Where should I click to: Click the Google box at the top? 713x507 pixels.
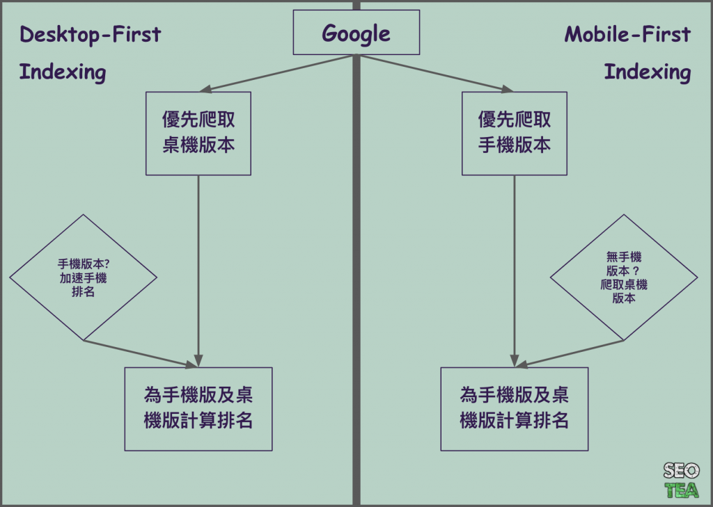[356, 33]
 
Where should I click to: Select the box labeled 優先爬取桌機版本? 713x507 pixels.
[198, 133]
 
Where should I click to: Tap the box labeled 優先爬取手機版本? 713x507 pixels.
[515, 133]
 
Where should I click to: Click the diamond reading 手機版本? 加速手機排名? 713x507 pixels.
[84, 277]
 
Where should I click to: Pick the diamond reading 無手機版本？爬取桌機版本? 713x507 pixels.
[624, 277]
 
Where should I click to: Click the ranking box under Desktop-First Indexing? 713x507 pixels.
[198, 409]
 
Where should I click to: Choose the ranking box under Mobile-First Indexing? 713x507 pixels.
[515, 409]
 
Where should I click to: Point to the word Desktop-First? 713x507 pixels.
[90, 35]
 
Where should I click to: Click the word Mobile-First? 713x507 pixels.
[627, 35]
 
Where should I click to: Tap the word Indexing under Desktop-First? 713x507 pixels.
[63, 72]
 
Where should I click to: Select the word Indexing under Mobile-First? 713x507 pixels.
[647, 72]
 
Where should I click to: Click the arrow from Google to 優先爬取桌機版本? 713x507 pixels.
[279, 73]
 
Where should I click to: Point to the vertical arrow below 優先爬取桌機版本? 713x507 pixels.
[199, 271]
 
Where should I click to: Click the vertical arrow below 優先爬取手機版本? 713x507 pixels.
[515, 271]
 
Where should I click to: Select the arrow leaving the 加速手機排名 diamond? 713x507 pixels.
[139, 353]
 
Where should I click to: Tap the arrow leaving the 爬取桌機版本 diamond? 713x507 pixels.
[571, 353]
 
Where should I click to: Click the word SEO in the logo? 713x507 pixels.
[681, 471]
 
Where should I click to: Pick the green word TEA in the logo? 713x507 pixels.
[681, 490]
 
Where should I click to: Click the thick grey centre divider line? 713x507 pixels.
[356, 278]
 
